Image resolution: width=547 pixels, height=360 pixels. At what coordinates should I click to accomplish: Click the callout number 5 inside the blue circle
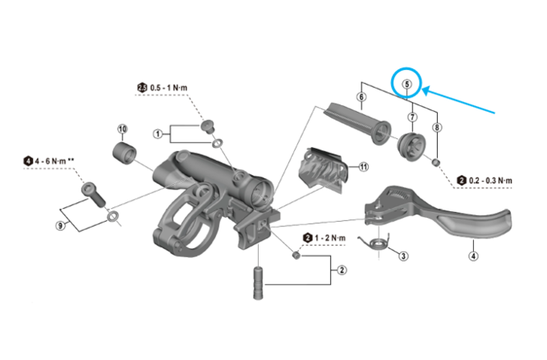point(406,83)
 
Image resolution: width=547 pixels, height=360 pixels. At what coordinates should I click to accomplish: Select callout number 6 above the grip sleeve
point(361,98)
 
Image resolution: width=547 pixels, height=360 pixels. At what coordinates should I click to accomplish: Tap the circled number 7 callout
point(411,117)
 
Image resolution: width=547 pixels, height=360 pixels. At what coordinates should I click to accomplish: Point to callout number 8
point(438,127)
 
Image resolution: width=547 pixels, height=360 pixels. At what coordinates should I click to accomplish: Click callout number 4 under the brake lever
point(474,256)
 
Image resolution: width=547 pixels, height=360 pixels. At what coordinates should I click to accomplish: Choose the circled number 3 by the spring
point(403,256)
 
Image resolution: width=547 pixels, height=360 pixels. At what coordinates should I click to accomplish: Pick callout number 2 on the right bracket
point(342,269)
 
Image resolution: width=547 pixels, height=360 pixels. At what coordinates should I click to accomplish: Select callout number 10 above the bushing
point(122,129)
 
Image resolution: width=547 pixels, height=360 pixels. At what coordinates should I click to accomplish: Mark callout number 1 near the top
point(157,132)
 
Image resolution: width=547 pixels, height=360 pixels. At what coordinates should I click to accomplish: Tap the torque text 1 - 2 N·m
point(329,238)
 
